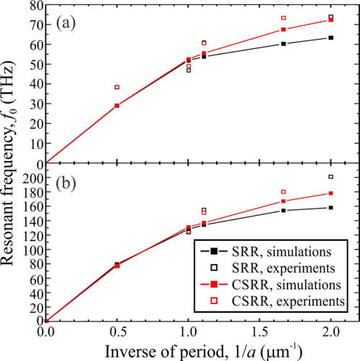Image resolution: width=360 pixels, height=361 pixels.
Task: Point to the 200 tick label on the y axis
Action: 30,178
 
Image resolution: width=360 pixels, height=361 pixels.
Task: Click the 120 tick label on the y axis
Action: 30,235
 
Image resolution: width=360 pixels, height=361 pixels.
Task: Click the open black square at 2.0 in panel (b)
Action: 330,177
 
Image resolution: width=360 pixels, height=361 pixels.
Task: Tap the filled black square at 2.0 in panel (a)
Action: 330,37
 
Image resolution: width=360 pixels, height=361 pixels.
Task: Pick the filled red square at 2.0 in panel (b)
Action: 330,193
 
